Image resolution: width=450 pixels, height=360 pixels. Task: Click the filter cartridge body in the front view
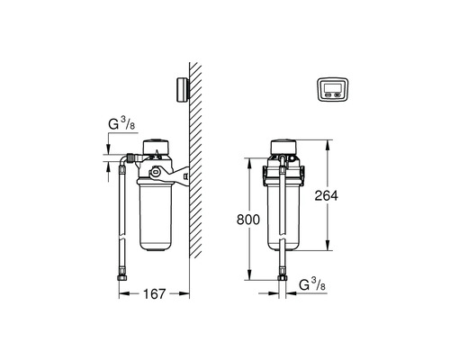[283, 216]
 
